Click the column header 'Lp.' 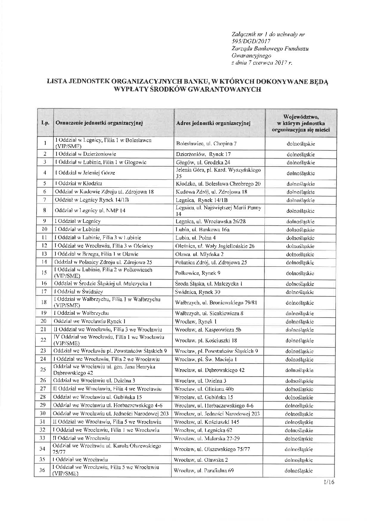pyautogui.click(x=45, y=123)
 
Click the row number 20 pyautogui.click(x=44, y=321)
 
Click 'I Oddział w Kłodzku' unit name pyautogui.click(x=79, y=183)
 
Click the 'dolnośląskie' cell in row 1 pyautogui.click(x=301, y=143)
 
